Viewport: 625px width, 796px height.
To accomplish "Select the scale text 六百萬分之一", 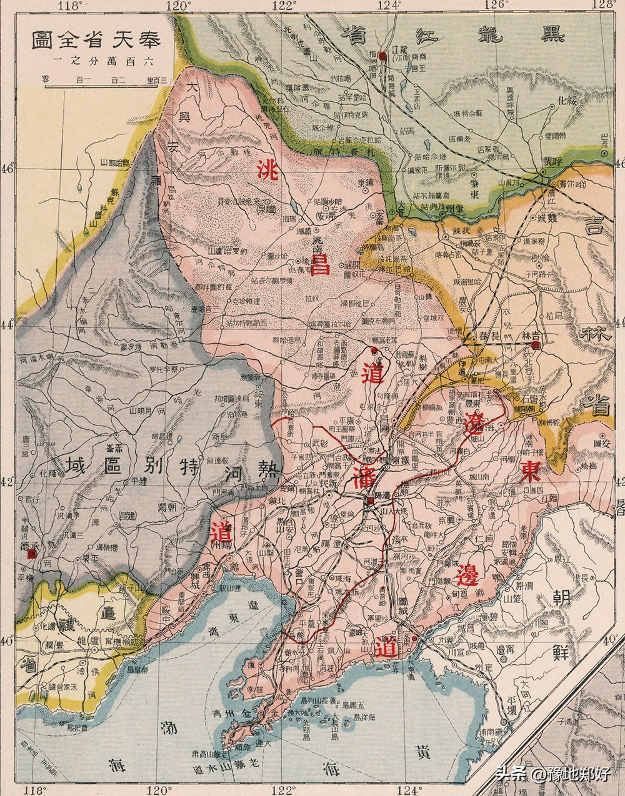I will [97, 62].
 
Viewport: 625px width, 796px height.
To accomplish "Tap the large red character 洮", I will [268, 169].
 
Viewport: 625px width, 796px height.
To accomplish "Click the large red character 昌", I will [319, 264].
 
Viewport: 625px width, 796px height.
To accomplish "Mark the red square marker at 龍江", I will [381, 56].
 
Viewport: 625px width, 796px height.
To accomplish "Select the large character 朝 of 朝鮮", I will [561, 599].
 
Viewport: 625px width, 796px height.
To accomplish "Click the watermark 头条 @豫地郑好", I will [552, 774].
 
